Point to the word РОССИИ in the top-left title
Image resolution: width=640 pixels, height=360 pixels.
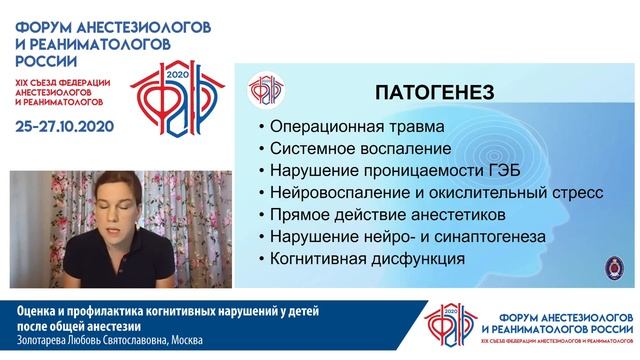pos(36,61)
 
